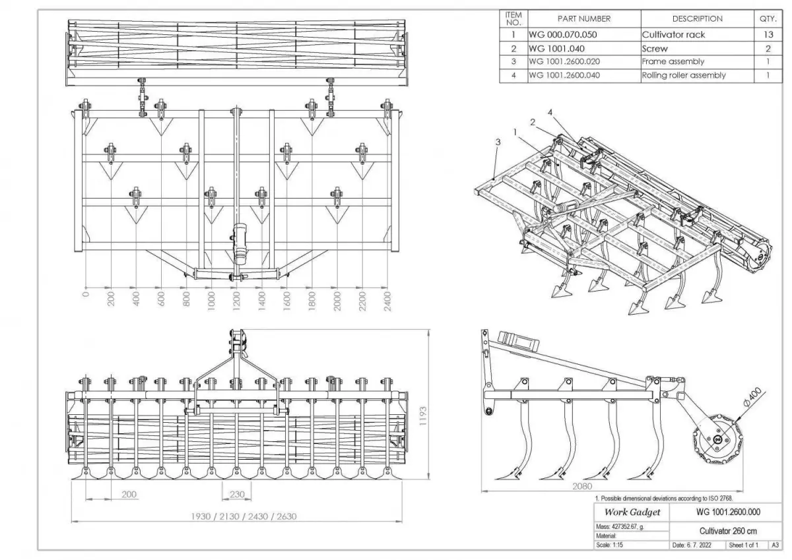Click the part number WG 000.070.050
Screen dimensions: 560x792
pos(557,34)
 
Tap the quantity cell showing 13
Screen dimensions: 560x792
pos(768,34)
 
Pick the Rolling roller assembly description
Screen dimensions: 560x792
pos(684,75)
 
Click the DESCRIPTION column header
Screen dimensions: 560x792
pos(697,19)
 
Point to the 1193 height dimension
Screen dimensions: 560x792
pos(423,416)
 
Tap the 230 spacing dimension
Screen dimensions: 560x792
pos(237,494)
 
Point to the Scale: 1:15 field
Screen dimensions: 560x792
pos(612,545)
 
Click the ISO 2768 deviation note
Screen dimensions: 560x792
pos(660,499)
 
